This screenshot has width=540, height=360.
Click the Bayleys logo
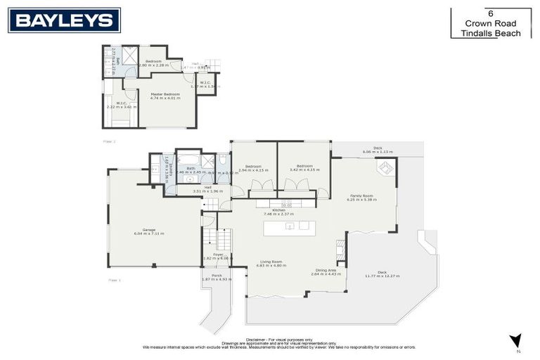click(x=65, y=20)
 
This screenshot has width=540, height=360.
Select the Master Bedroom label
click(x=165, y=94)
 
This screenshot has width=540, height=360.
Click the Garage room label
click(x=148, y=230)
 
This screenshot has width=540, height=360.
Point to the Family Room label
click(x=361, y=195)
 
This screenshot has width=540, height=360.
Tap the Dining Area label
click(x=326, y=270)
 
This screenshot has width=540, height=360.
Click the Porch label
click(x=216, y=276)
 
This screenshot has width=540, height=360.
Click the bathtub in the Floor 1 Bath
click(x=188, y=158)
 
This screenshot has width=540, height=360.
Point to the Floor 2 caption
click(x=108, y=141)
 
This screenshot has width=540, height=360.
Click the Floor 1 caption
click(x=114, y=280)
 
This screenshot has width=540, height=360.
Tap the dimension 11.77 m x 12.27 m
click(x=381, y=276)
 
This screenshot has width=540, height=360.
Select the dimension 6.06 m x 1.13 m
click(x=377, y=152)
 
